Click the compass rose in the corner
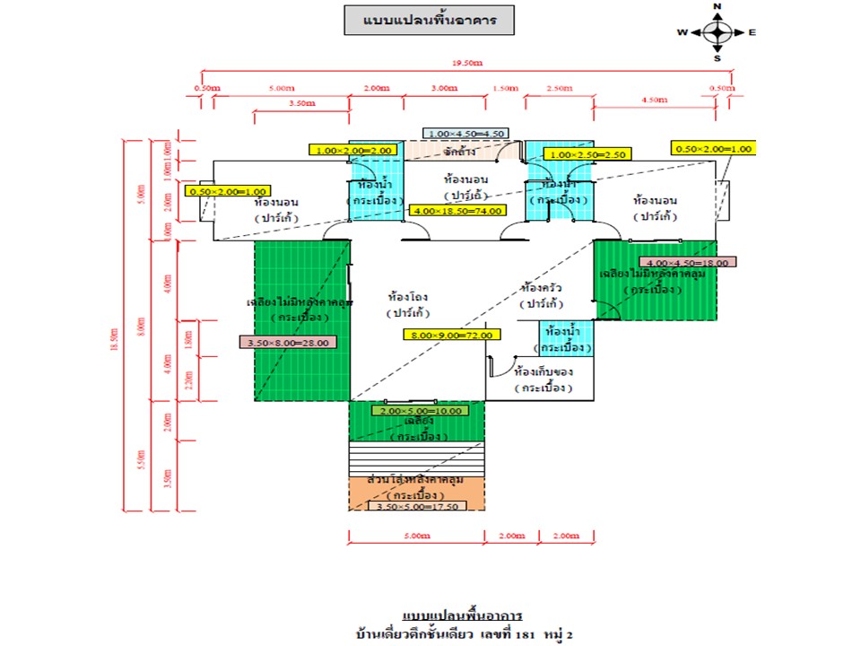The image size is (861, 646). [x=717, y=32]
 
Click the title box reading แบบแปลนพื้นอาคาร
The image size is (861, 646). [x=429, y=20]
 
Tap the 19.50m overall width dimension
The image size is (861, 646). [x=465, y=64]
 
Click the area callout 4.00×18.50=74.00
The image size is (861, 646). [x=457, y=211]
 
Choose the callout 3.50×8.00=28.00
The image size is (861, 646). [x=288, y=342]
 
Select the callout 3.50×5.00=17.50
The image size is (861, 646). [x=417, y=506]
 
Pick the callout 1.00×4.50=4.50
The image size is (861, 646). [x=467, y=134]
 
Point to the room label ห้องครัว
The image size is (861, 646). [x=541, y=289]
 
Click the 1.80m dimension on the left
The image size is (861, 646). [x=187, y=339]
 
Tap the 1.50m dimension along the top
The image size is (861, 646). [x=506, y=88]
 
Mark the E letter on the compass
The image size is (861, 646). [x=752, y=32]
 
